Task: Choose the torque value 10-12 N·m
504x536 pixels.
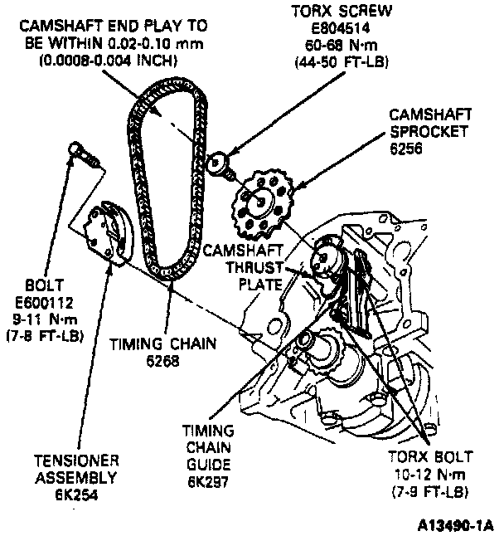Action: point(429,475)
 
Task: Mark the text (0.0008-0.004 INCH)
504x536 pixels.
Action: point(116,59)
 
